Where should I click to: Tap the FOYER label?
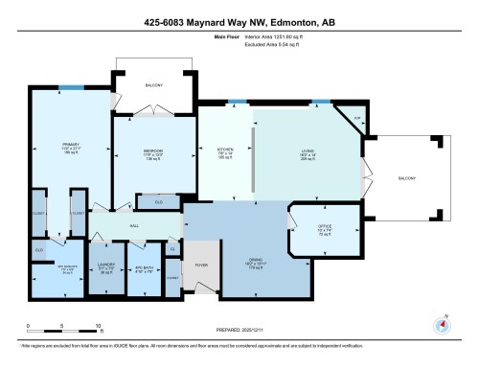click(201, 264)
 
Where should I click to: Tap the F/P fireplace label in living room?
click(356, 119)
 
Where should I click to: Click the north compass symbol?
click(443, 324)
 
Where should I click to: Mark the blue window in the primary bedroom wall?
click(67, 88)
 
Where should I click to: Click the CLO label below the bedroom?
click(158, 202)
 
